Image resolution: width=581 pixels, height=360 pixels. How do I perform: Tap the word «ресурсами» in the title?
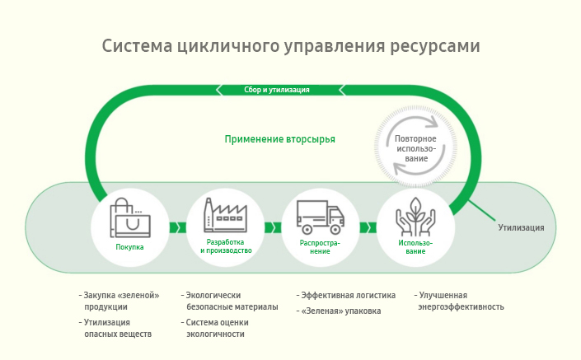[433, 46]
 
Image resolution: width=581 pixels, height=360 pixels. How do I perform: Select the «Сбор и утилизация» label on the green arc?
[277, 90]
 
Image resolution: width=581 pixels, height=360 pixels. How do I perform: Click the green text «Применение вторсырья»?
[280, 139]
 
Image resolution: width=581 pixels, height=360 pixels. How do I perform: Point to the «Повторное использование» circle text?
[415, 148]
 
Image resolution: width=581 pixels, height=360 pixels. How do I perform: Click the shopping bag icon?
[129, 217]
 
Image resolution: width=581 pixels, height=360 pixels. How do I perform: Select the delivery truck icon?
[320, 217]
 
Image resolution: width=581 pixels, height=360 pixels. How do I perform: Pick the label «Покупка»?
[129, 247]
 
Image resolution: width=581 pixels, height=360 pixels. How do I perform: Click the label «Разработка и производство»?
[224, 246]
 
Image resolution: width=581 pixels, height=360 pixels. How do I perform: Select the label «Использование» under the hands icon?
[415, 247]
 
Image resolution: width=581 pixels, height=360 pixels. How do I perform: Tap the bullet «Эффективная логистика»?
[348, 295]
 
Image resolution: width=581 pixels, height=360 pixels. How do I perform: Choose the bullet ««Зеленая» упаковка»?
[341, 311]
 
